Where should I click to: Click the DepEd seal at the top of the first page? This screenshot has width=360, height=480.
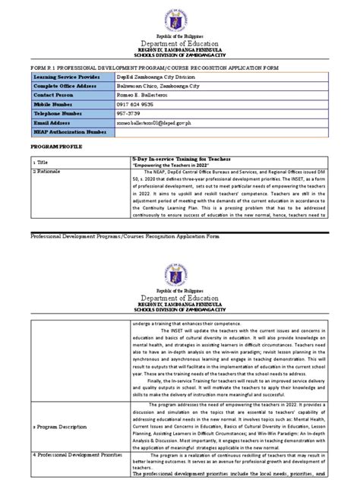click(180, 16)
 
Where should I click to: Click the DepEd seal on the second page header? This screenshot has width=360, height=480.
click(180, 265)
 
